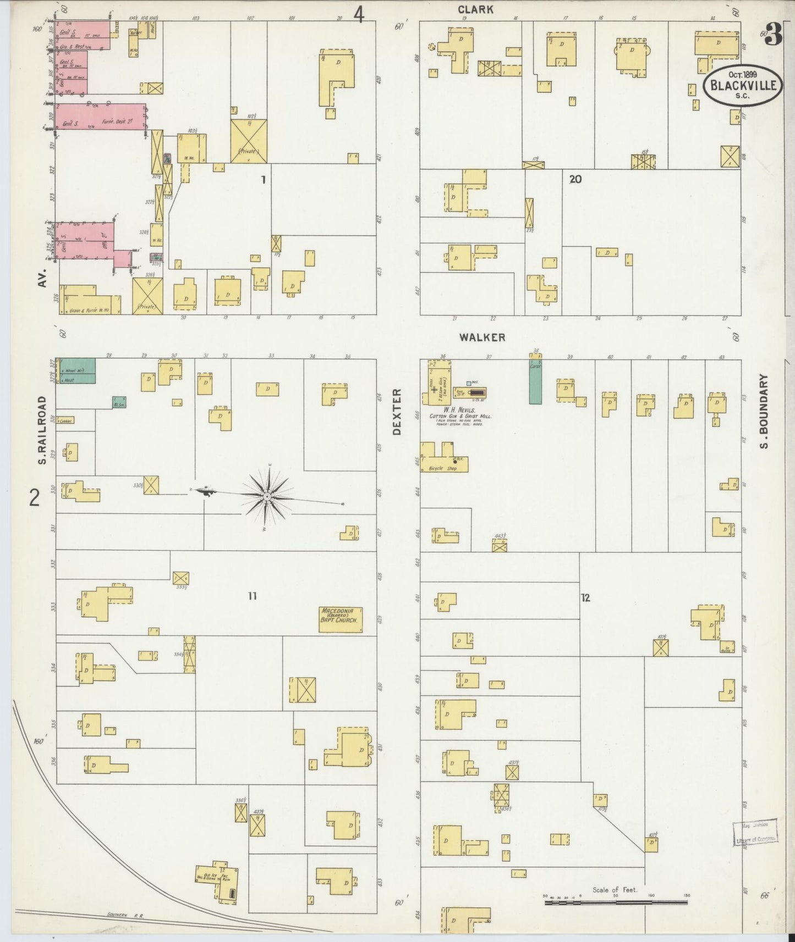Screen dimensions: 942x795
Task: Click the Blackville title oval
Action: pos(743,86)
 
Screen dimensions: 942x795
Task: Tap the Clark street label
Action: pos(475,9)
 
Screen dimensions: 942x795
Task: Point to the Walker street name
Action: pos(484,337)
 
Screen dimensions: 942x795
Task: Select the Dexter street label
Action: pos(397,412)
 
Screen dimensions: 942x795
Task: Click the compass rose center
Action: pos(267,497)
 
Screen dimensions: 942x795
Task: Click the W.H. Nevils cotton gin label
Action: pos(461,412)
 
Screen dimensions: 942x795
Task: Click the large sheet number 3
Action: pos(773,37)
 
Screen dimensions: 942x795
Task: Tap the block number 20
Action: pos(575,179)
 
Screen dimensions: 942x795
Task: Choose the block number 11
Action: pos(252,596)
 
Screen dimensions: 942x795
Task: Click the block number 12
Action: pos(585,598)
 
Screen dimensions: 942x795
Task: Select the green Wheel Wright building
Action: pos(77,370)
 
